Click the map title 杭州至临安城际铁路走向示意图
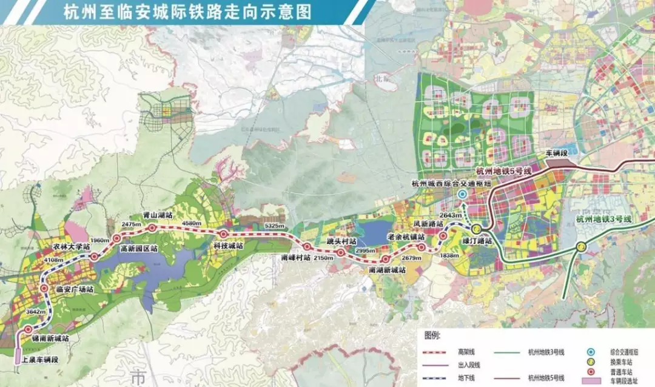pyautogui.click(x=188, y=12)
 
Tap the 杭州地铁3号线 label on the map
pyautogui.click(x=603, y=219)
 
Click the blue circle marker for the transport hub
pyautogui.click(x=462, y=195)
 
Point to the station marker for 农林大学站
pyautogui.click(x=94, y=257)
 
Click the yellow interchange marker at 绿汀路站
pyautogui.click(x=477, y=229)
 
